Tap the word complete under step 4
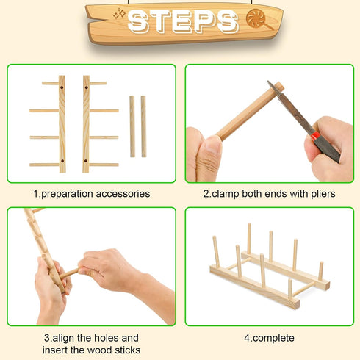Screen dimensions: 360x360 tap(273, 338)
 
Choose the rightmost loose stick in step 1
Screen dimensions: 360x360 tap(143, 126)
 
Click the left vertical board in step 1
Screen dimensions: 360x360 tap(62, 123)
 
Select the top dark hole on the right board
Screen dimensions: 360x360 tap(87, 87)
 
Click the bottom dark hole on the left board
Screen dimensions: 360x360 tap(62, 159)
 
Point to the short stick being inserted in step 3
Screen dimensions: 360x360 tap(70, 274)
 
